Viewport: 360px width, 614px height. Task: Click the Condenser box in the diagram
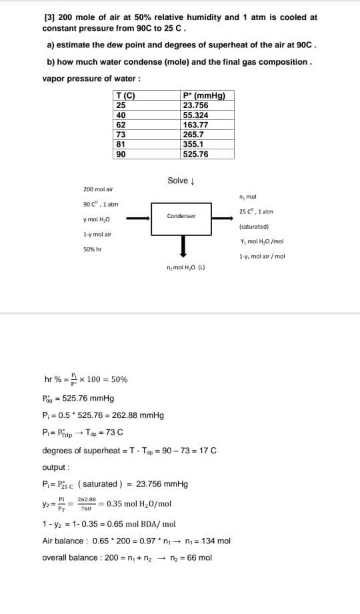click(x=181, y=217)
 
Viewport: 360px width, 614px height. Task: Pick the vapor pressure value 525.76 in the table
click(x=195, y=154)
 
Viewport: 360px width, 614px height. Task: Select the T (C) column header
click(x=125, y=95)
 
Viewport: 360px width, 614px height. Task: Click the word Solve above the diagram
click(x=178, y=181)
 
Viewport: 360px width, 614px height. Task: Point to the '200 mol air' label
click(x=98, y=189)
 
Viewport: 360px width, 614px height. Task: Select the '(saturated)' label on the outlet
click(x=253, y=227)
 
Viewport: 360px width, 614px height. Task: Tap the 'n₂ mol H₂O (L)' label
click(x=185, y=267)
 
